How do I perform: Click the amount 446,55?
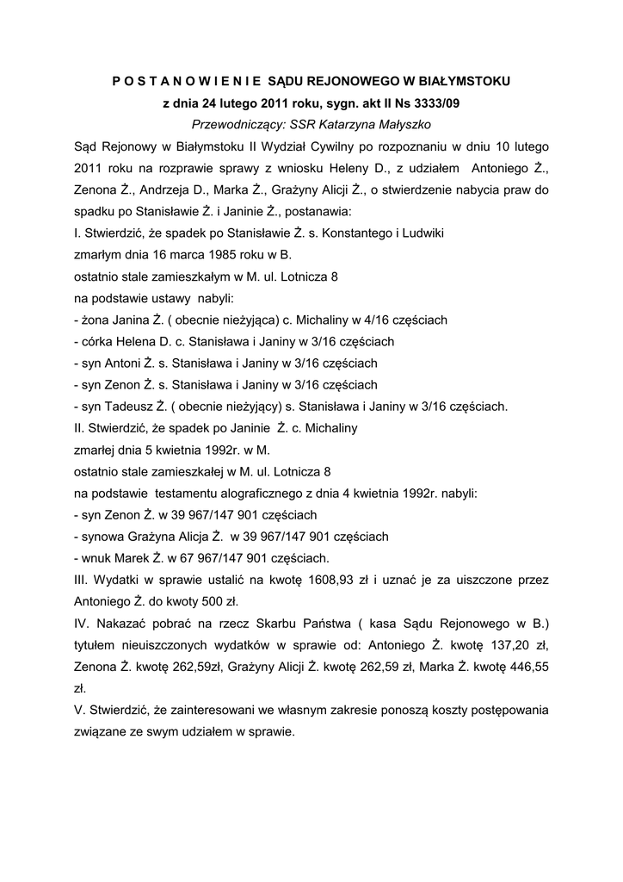tap(527, 667)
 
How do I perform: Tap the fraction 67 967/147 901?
tap(238, 557)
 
